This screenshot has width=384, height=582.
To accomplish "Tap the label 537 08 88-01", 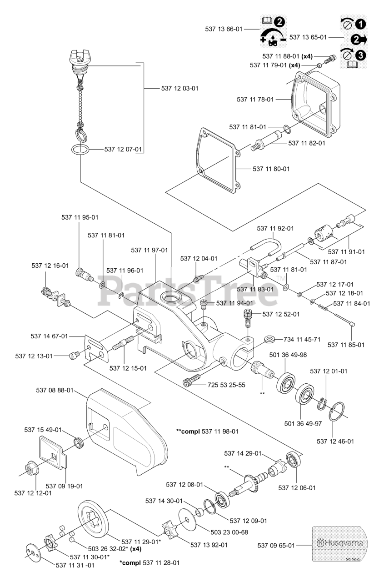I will coord(54,390).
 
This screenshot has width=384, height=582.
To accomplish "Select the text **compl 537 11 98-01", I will coord(207,431).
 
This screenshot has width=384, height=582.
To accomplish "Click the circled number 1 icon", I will coord(362,24).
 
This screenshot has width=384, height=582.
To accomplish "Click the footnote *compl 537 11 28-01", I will coord(150,563).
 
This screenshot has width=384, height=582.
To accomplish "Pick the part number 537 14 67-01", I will coord(50,336).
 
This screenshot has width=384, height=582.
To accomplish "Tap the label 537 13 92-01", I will coord(209,545).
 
